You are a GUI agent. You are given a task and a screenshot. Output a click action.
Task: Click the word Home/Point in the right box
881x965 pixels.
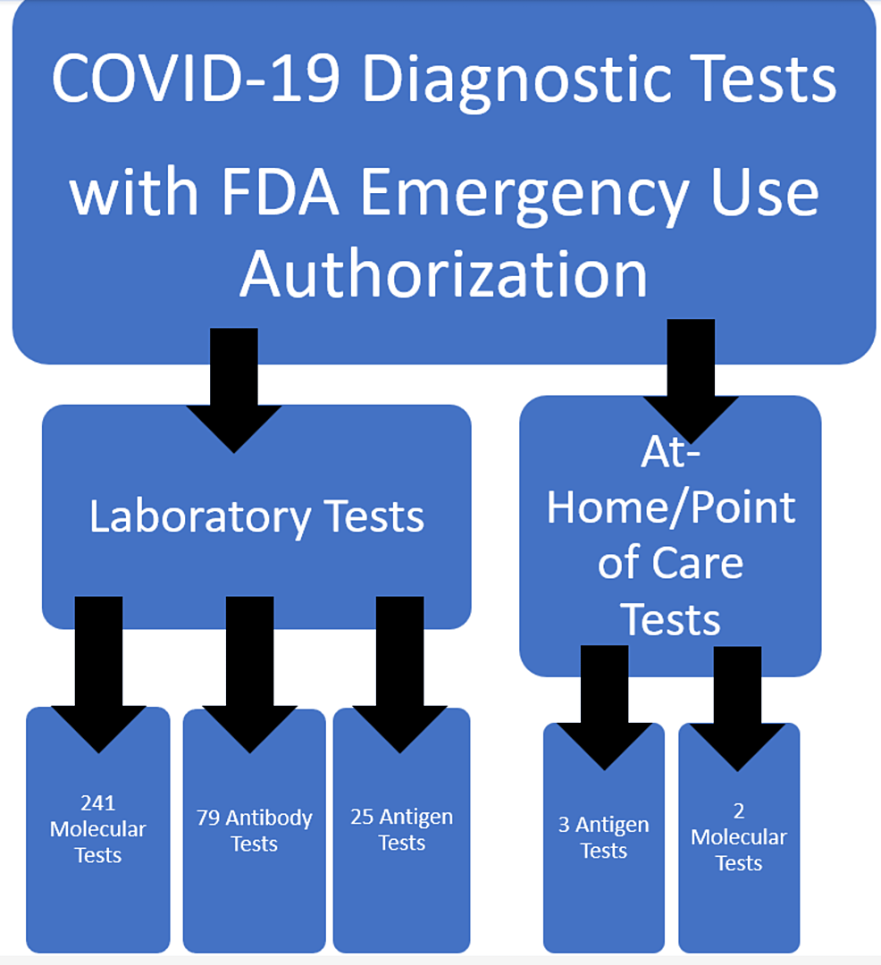670,507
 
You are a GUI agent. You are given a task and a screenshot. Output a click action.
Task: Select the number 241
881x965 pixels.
97,803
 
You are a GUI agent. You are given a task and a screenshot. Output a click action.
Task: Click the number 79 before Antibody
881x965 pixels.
208,818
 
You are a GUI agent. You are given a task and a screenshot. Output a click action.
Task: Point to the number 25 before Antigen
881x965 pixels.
361,817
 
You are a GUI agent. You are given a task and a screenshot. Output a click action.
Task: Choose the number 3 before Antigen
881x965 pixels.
564,825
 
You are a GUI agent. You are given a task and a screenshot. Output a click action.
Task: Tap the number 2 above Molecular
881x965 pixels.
739,811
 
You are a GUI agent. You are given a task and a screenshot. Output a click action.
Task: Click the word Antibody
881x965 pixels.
269,818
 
